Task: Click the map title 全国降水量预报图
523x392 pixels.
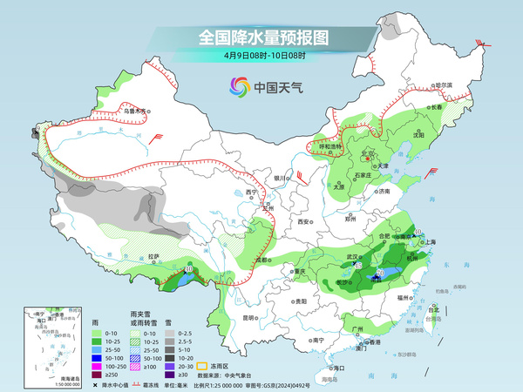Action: point(262,37)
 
